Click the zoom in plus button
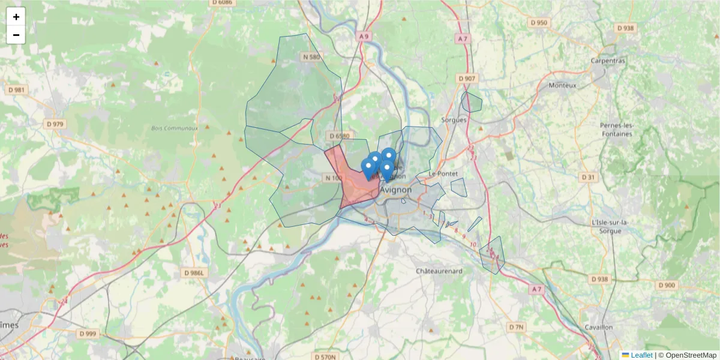(16, 17)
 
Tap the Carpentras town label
(608, 61)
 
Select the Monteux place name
(562, 85)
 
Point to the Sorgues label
(454, 120)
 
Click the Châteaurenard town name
(440, 271)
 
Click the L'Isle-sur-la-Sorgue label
(610, 226)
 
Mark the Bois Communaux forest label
(175, 128)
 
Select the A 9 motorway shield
(363, 36)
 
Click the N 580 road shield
(312, 57)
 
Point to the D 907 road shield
(466, 79)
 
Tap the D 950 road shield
(539, 23)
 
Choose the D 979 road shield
(55, 124)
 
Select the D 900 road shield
(666, 285)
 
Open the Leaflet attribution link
(641, 355)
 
